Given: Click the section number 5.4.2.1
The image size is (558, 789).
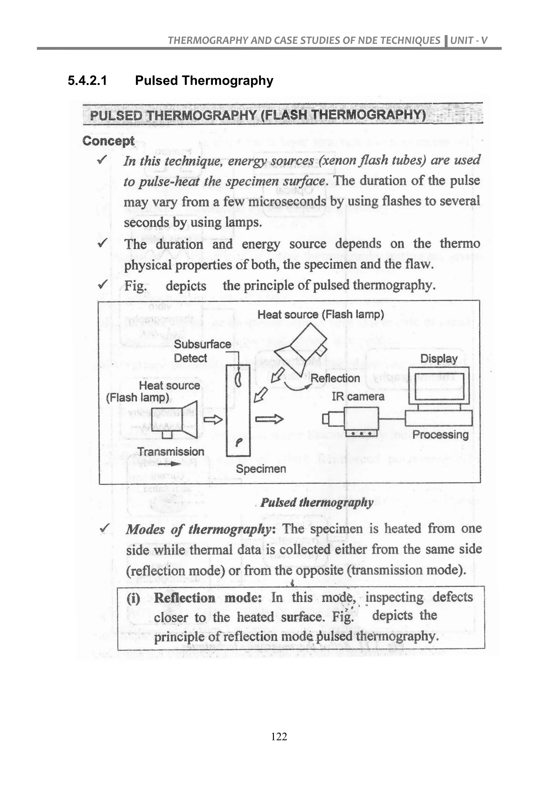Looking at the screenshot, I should pos(87,81).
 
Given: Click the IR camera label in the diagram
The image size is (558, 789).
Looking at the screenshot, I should pos(358,397).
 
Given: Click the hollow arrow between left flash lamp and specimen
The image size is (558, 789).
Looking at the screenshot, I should pos(213,419).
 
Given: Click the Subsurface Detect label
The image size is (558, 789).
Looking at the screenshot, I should pos(202,351).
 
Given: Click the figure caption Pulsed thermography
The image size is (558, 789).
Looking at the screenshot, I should pos(316,502).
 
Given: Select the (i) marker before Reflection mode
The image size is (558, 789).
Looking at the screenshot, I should pos(133,598).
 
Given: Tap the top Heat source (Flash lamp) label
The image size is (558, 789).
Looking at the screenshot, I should pos(321,314).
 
